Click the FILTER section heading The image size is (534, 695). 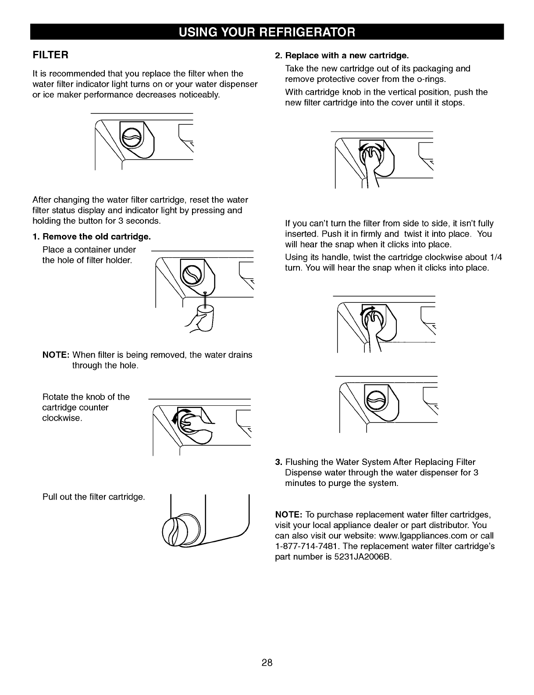[x=50, y=56]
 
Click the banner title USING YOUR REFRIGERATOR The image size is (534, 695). [x=267, y=32]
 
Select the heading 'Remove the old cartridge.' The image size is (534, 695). [x=96, y=237]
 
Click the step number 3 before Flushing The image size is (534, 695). [x=278, y=462]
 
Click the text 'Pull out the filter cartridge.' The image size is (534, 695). [x=93, y=497]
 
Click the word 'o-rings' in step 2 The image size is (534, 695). [x=431, y=79]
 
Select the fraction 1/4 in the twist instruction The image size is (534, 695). [x=495, y=257]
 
